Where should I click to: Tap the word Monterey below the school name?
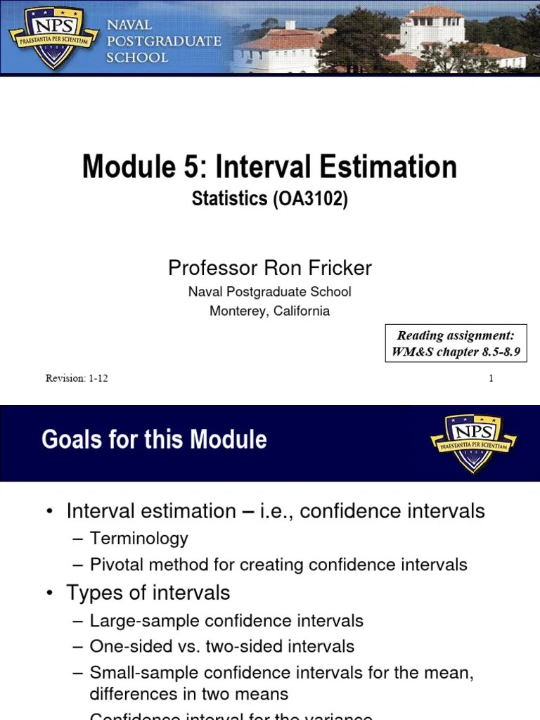click(237, 311)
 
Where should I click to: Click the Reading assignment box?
click(456, 344)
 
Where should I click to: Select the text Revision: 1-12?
click(77, 378)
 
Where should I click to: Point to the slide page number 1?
click(491, 378)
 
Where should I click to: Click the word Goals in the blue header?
click(67, 440)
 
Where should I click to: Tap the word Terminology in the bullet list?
click(139, 539)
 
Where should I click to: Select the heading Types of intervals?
click(148, 593)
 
